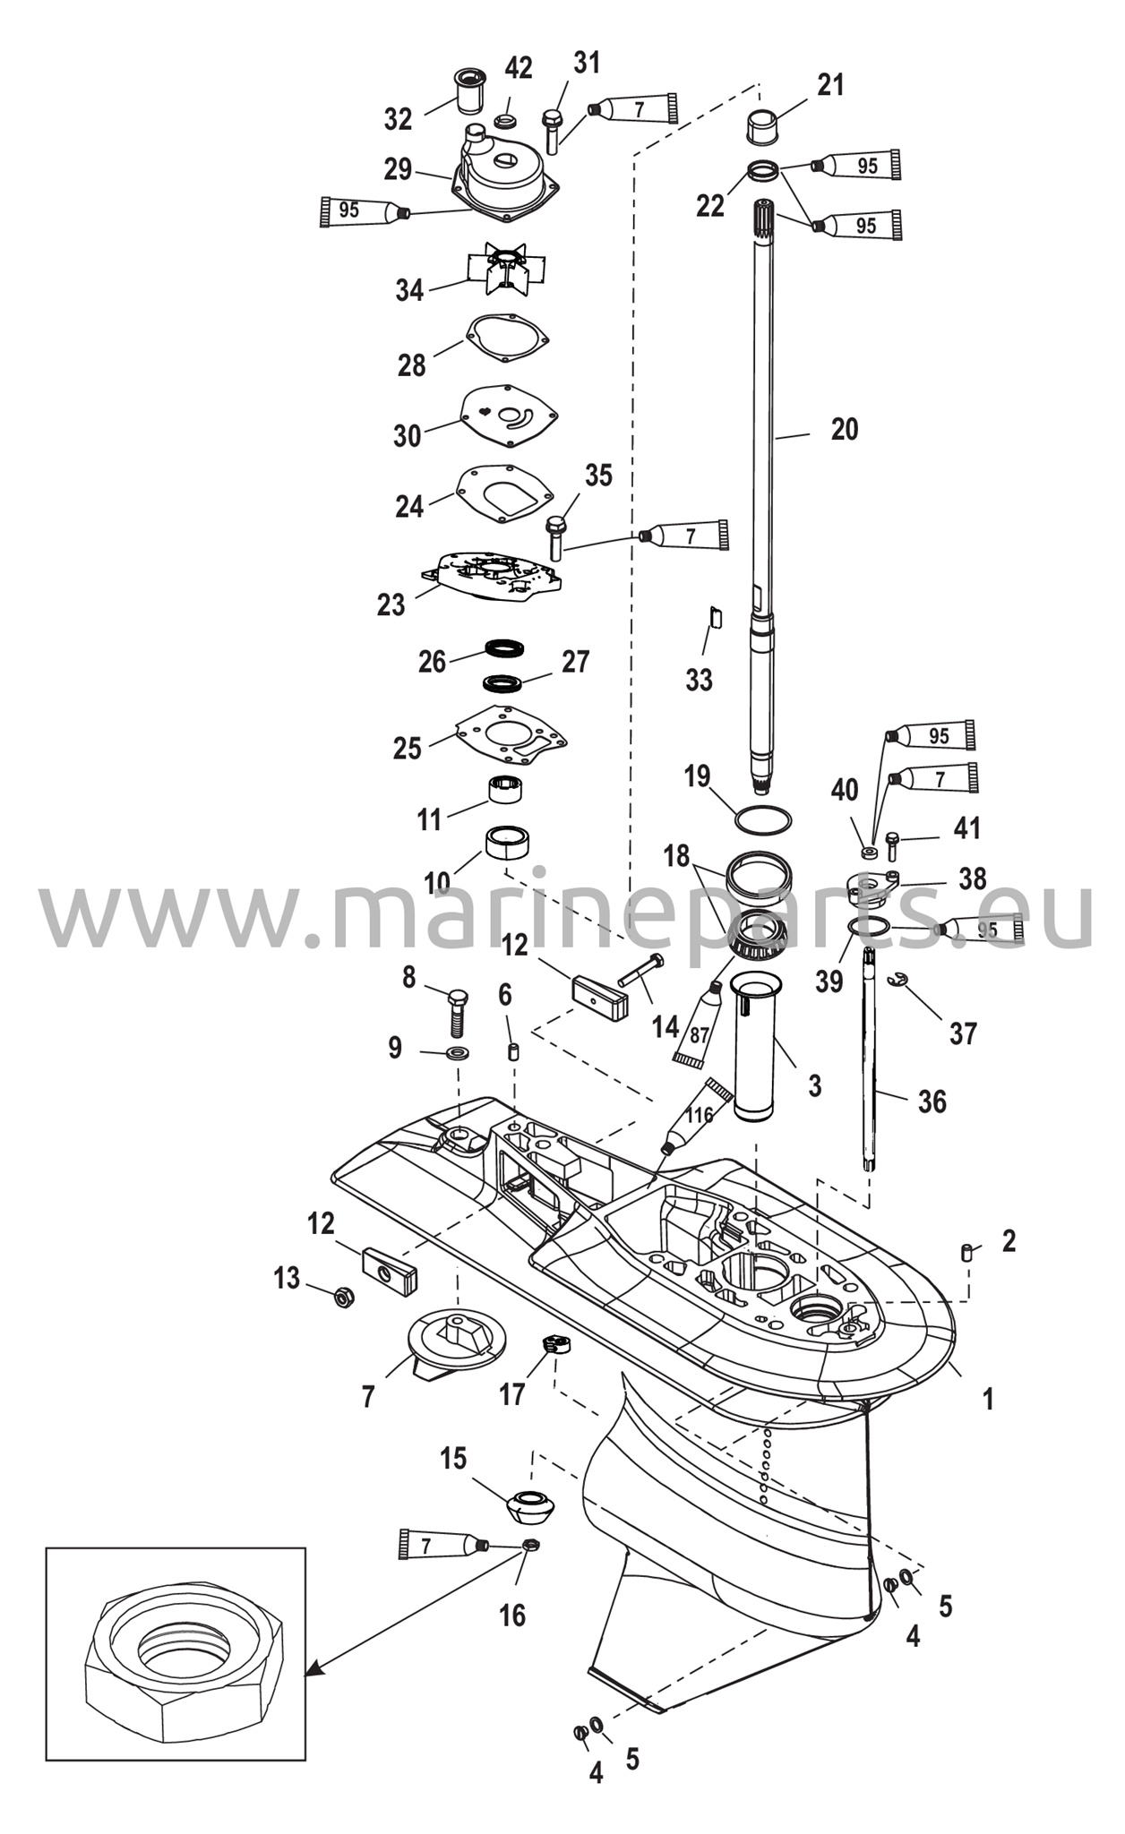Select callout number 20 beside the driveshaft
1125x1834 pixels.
(844, 430)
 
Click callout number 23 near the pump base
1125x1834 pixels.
(391, 605)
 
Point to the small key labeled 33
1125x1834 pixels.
(715, 617)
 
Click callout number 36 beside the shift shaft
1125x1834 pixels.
(932, 1101)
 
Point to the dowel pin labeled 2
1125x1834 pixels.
(966, 1253)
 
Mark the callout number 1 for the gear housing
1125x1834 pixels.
(988, 1399)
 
